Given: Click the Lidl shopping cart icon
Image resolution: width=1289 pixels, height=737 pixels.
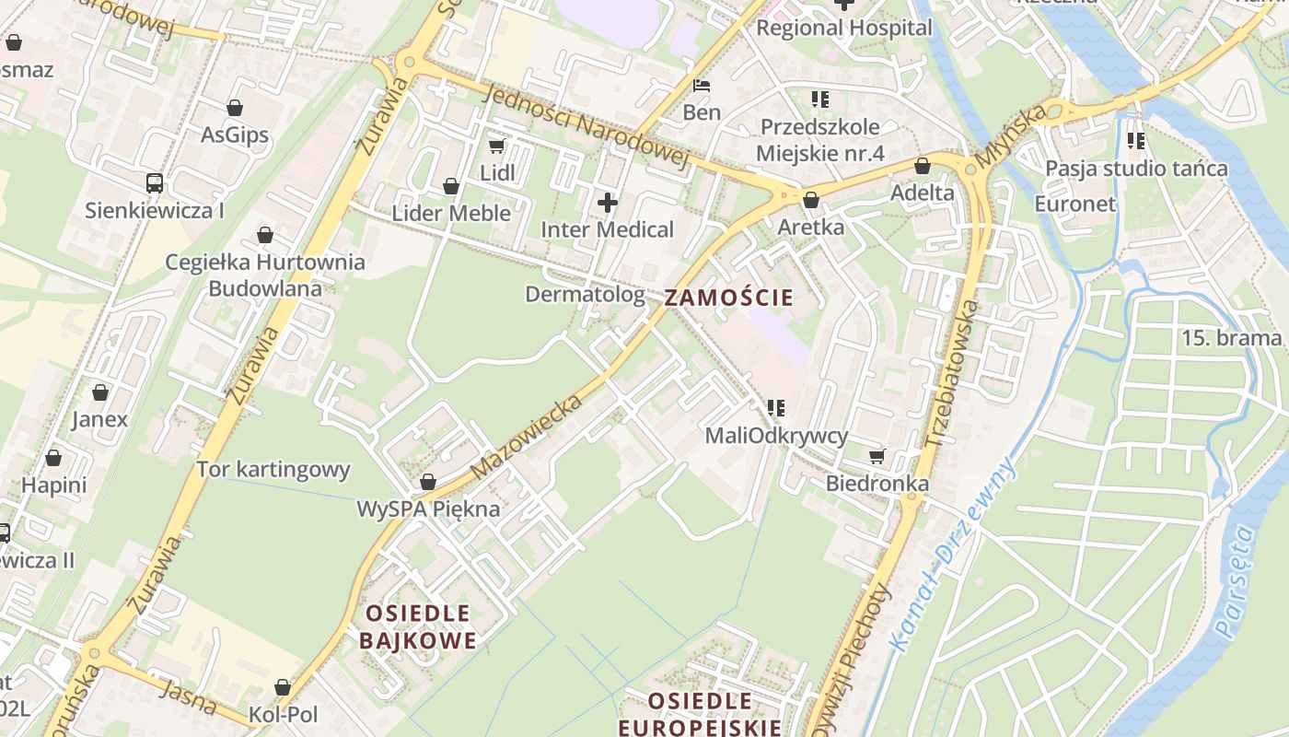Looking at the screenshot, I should click(x=497, y=146).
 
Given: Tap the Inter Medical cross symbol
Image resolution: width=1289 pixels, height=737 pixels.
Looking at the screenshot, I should click(x=608, y=202).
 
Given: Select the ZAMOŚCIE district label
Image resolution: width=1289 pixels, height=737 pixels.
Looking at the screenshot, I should click(x=728, y=298).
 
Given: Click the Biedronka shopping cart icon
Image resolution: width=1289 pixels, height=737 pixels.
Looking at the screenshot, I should click(x=877, y=456).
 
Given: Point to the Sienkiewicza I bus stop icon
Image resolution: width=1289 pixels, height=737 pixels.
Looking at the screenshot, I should click(x=155, y=182).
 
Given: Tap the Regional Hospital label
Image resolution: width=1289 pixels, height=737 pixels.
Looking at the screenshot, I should click(x=843, y=28).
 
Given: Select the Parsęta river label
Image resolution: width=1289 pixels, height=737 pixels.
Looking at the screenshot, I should click(x=1234, y=582).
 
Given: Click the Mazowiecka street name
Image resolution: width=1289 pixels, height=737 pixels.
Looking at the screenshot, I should click(x=528, y=437).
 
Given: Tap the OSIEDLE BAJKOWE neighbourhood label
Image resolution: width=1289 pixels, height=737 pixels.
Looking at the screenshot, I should click(x=418, y=626).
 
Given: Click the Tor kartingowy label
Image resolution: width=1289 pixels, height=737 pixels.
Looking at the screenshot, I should click(x=273, y=470).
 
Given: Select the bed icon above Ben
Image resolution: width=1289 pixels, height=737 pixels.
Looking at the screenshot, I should click(x=702, y=86).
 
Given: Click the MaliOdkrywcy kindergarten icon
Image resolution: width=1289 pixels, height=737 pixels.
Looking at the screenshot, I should click(x=775, y=407).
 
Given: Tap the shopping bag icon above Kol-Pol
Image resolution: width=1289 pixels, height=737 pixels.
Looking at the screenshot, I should click(x=283, y=687).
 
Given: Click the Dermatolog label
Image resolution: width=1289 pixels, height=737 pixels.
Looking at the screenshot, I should click(x=585, y=294).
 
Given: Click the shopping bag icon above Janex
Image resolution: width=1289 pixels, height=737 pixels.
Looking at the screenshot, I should click(x=100, y=392).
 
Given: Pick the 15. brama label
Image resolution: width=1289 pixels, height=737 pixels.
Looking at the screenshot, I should click(x=1231, y=338).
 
